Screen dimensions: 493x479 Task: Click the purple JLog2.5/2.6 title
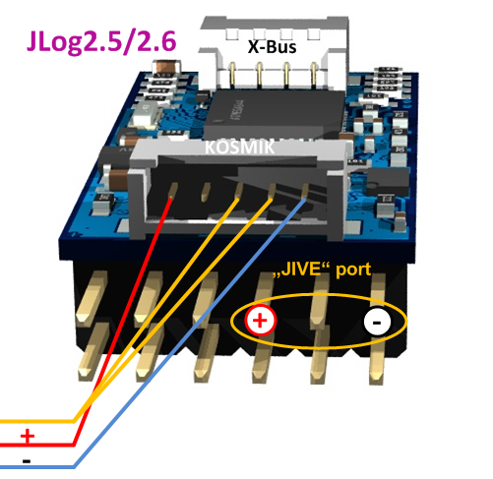[x=101, y=42]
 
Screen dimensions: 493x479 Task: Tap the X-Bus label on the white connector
[x=272, y=47]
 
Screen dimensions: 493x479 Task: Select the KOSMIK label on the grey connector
[x=239, y=148]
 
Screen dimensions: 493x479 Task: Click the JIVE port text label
[x=322, y=269]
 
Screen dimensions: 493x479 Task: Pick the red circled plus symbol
[x=261, y=321]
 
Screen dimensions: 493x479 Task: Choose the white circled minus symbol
[x=377, y=322]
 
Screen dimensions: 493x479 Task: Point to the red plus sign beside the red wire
[x=28, y=436]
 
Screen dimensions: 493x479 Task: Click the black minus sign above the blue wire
[x=27, y=461]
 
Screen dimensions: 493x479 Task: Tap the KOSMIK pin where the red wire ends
[x=173, y=191]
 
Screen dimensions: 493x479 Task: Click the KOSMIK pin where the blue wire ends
[x=304, y=192]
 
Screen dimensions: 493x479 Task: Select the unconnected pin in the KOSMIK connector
[x=206, y=192]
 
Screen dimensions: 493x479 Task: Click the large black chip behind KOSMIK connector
[x=274, y=113]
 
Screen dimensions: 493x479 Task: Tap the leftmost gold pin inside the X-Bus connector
[x=232, y=74]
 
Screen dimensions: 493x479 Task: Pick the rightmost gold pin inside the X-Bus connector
[x=313, y=75]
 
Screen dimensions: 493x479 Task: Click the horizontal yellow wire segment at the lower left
[x=37, y=421]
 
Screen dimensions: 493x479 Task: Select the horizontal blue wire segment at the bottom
[x=37, y=466]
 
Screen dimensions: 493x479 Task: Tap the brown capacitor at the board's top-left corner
[x=167, y=67]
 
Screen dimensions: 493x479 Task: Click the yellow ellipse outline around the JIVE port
[x=319, y=295]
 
